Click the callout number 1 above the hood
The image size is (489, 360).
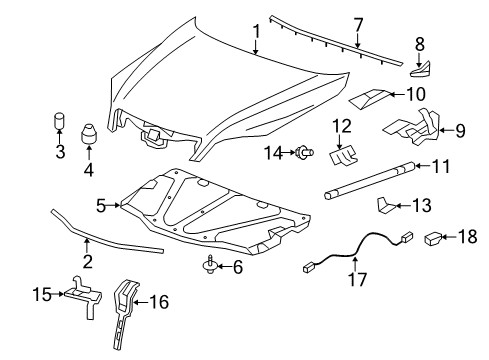[x=256, y=33]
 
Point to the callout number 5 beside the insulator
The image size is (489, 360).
[x=102, y=205]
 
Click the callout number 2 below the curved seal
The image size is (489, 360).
[x=88, y=262]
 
